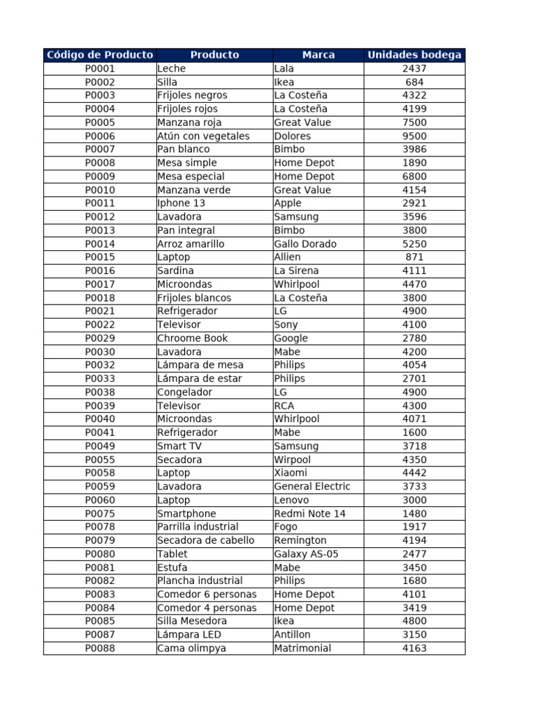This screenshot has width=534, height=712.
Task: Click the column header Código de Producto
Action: point(99,55)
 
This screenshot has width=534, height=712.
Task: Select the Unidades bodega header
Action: point(414,55)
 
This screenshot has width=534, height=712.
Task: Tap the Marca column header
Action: point(318,55)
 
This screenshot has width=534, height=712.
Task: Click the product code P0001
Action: point(100,69)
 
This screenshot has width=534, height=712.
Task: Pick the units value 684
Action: point(414,82)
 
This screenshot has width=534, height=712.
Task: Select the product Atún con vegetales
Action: point(203,136)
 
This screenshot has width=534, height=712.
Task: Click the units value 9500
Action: point(414,136)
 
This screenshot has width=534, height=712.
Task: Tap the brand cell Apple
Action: point(288,204)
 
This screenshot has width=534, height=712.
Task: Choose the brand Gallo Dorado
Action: point(305,244)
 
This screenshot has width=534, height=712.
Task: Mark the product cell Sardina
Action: point(176,271)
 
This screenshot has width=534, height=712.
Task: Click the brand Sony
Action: point(286,325)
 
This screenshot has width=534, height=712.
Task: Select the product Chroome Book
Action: point(193,339)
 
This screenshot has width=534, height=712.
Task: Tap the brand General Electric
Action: point(312,487)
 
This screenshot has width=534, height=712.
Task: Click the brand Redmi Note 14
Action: point(309,514)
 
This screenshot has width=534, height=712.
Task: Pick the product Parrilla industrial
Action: point(198,527)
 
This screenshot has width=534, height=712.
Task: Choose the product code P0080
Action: point(100,554)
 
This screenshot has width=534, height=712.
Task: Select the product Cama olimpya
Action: point(192,649)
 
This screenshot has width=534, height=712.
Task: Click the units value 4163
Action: point(414,649)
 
